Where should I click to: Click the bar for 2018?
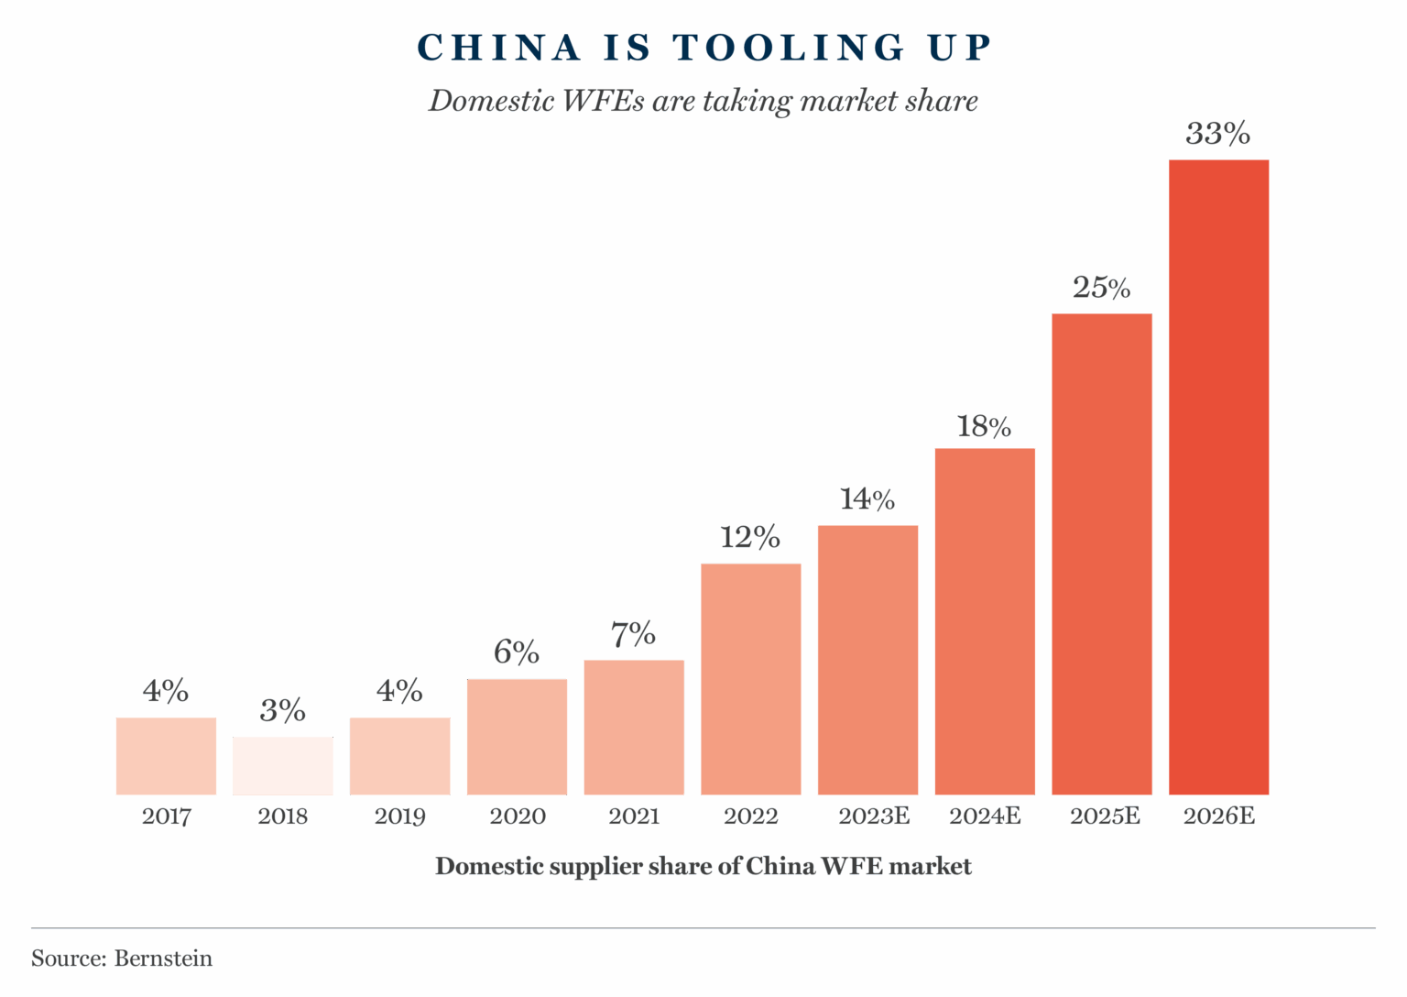(x=283, y=766)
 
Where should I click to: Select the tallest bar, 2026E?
(x=1218, y=477)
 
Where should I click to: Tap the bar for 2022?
(x=751, y=679)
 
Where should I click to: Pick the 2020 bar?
(x=517, y=737)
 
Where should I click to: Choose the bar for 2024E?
(x=985, y=621)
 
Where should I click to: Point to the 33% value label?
(x=1218, y=135)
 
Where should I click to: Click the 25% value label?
(x=1101, y=289)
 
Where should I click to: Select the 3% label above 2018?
(x=283, y=711)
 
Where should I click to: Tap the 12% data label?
(x=750, y=538)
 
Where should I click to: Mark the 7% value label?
(x=634, y=634)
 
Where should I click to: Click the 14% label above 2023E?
(x=867, y=500)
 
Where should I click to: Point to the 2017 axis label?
(x=166, y=816)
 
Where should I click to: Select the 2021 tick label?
(x=634, y=816)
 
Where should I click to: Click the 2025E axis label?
(x=1106, y=816)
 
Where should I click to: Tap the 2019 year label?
(x=400, y=816)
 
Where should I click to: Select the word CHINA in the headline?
(x=499, y=49)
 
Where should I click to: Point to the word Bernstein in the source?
(x=163, y=959)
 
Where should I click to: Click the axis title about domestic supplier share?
(x=703, y=867)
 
